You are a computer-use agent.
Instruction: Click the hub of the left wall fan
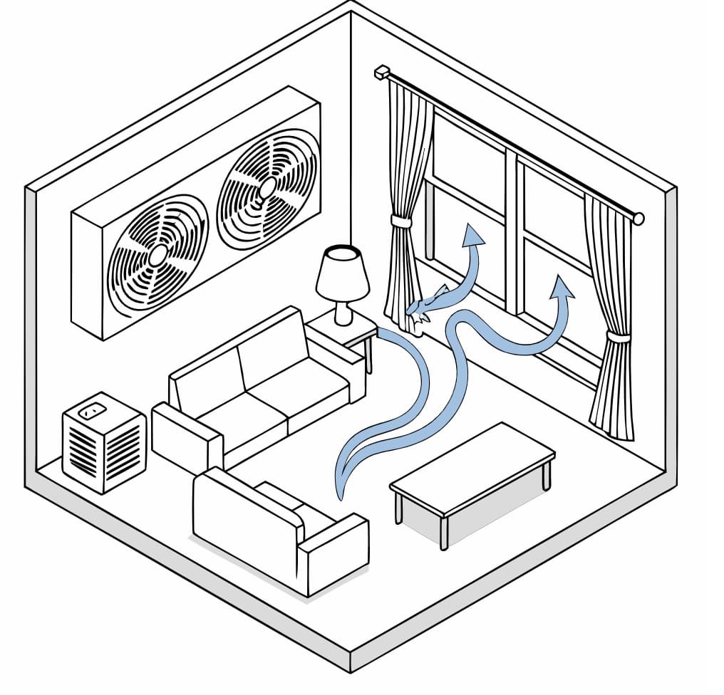pyautogui.click(x=157, y=254)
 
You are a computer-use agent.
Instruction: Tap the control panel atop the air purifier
pyautogui.click(x=91, y=410)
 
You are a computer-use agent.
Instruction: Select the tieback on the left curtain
pyautogui.click(x=402, y=222)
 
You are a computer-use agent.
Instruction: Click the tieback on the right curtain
pyautogui.click(x=617, y=337)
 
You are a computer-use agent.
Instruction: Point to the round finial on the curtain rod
pyautogui.click(x=638, y=218)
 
